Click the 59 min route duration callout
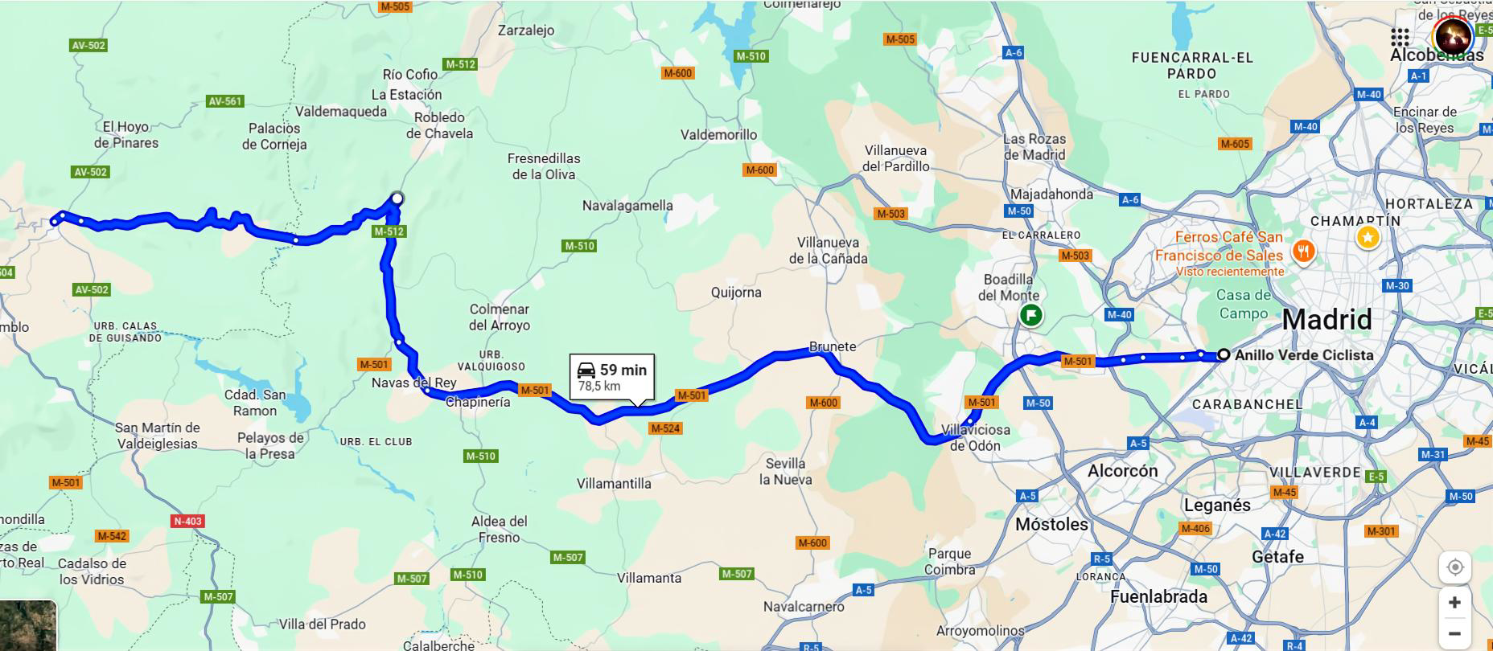tap(612, 376)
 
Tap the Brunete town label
tap(832, 346)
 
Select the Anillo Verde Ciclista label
tap(1303, 354)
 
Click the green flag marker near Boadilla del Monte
tap(1030, 315)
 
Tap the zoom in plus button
tap(1454, 602)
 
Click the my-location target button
tap(1454, 567)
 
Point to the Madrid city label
tap(1326, 319)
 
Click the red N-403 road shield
tap(188, 521)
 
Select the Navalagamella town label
tap(627, 206)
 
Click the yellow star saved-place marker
tap(1368, 237)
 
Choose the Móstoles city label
tap(1051, 524)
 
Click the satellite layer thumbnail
tap(28, 625)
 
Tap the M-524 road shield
tap(665, 428)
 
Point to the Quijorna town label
tap(735, 293)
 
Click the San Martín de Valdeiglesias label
tap(157, 436)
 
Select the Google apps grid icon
tap(1400, 37)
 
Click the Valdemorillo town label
tap(718, 135)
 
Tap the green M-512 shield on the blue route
tap(389, 231)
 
